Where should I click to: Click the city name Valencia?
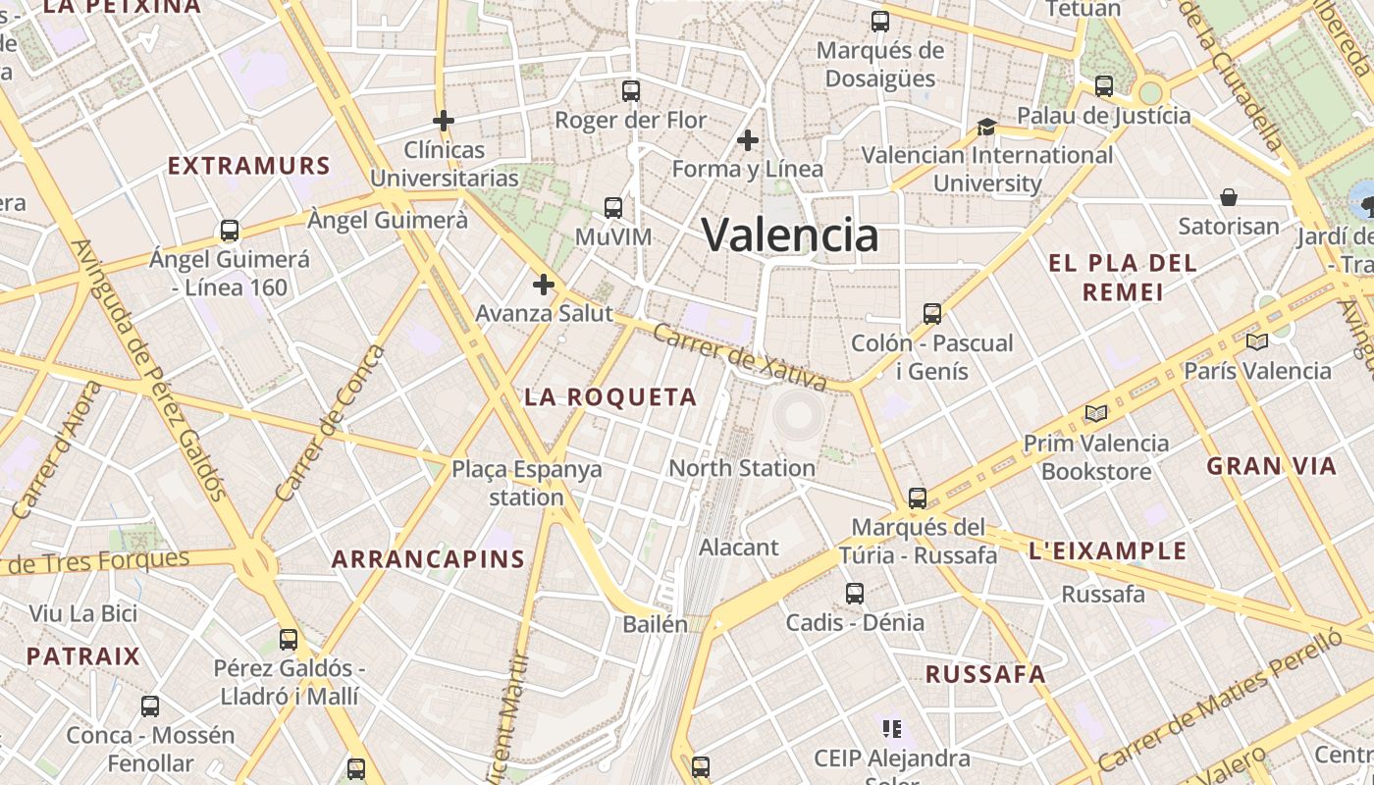coord(790,235)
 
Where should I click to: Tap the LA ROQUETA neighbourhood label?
coord(610,397)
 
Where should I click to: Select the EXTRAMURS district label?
coord(248,165)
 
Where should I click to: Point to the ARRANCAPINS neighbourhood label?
coord(428,559)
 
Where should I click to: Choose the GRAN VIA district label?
coord(1272,466)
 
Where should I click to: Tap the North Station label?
coord(742,468)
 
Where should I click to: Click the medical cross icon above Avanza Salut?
coord(543,285)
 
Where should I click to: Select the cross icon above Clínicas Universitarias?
coord(444,121)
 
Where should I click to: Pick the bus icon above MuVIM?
coord(613,208)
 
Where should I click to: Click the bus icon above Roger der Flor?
coord(631,91)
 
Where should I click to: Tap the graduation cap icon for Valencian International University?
coord(986,127)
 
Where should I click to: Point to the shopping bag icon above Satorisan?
coord(1228,197)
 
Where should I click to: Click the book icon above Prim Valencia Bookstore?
coord(1096,414)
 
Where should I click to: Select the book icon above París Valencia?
coord(1256,341)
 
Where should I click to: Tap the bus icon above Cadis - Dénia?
coord(855,593)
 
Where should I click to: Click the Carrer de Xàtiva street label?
coord(741,357)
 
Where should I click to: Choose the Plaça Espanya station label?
coord(527,483)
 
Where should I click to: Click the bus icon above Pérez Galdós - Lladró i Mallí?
coord(288,639)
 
